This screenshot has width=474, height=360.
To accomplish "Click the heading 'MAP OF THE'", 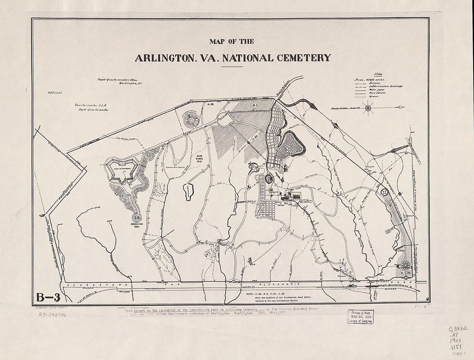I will [231, 42].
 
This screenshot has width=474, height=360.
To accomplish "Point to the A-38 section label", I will [210, 104].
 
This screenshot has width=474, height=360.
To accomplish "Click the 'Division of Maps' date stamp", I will [361, 317].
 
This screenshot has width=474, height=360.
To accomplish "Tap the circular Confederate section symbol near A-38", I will [191, 119].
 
